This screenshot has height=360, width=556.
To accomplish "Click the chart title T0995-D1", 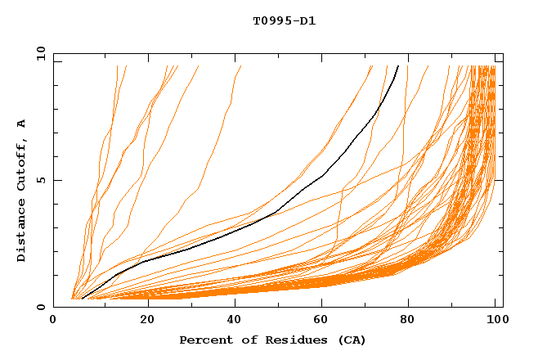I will pos(284,21).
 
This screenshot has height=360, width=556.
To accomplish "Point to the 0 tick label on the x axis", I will pos(53,321).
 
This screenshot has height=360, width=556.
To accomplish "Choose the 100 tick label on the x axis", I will pos(495,321).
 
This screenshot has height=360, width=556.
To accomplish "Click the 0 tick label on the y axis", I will pos(40,308).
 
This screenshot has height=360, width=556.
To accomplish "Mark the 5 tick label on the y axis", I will pos(40,180).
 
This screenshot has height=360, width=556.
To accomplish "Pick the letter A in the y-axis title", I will pos(22,124).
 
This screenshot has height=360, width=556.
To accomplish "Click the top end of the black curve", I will pos(398,66).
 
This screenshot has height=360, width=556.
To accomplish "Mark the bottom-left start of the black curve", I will pos(82,299).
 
